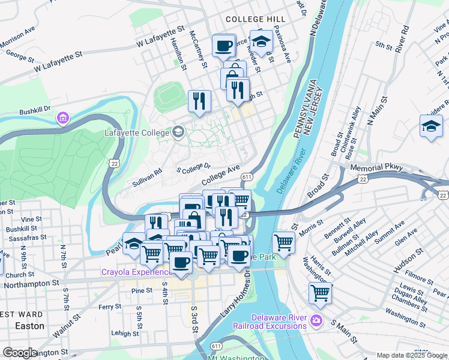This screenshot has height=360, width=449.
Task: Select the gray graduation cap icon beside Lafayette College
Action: click(178, 131)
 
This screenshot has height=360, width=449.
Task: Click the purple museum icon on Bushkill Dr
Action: click(62, 119)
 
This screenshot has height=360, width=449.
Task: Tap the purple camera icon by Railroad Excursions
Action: click(316, 323)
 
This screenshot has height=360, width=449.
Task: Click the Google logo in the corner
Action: click(20, 352)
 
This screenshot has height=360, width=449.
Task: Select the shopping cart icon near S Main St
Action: click(320, 293)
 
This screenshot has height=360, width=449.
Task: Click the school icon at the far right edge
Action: click(430, 127)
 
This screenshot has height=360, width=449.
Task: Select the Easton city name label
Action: click(29, 326)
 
